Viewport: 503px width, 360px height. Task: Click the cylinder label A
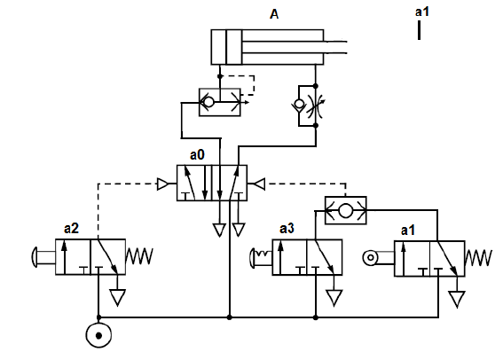[274, 14]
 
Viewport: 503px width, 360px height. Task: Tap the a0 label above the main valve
[197, 155]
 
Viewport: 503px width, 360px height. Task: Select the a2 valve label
[71, 229]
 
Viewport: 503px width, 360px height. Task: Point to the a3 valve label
[287, 229]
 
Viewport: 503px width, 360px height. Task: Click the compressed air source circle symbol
[98, 335]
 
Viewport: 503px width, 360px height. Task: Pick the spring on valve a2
[139, 256]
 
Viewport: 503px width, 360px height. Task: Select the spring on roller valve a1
[478, 258]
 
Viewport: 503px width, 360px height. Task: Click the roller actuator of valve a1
[371, 258]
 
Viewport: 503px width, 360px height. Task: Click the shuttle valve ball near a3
[345, 211]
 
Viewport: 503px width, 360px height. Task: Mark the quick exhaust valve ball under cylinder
[208, 102]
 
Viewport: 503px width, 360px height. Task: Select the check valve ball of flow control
[299, 104]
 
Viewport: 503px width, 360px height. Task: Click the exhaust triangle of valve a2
[117, 297]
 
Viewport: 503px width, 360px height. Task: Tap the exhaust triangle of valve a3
[334, 298]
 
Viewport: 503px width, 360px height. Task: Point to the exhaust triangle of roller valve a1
[457, 299]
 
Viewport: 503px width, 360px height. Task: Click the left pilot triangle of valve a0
[162, 184]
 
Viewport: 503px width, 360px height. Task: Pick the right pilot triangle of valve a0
[259, 184]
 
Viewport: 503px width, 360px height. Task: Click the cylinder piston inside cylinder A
[234, 47]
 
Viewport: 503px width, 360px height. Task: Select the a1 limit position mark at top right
[419, 30]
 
